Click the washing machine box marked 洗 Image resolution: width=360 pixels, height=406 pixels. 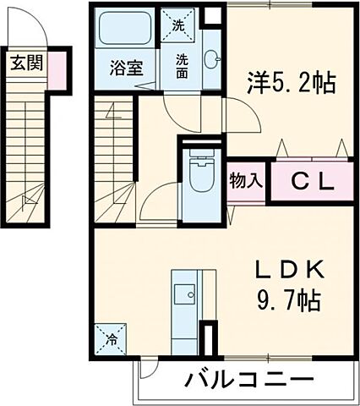178,25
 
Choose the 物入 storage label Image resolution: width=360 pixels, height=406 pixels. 247,180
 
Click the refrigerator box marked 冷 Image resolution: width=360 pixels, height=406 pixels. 112,340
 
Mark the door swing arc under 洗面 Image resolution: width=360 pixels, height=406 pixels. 172,106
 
